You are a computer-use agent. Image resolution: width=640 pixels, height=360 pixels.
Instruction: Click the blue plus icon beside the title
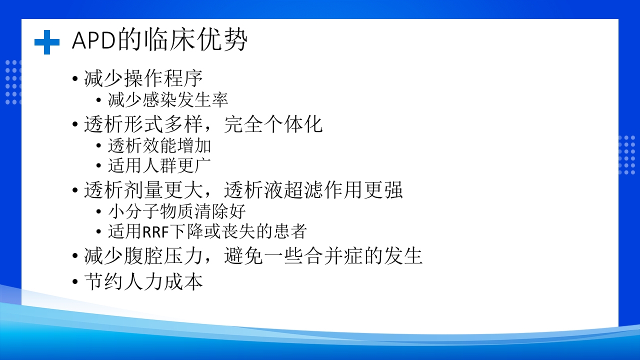click(x=47, y=42)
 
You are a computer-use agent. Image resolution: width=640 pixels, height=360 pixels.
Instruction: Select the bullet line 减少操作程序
click(x=143, y=79)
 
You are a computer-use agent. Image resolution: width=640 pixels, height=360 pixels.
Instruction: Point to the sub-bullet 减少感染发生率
click(x=168, y=100)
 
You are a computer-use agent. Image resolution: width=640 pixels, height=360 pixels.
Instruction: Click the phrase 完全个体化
click(x=273, y=124)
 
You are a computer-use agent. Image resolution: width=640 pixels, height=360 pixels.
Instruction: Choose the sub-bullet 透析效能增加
click(x=159, y=145)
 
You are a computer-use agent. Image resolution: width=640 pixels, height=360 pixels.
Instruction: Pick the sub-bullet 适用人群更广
click(x=159, y=165)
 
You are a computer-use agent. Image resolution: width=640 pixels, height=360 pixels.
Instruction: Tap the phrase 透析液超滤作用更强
click(x=313, y=190)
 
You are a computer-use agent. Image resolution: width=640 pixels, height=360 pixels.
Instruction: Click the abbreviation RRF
click(x=156, y=232)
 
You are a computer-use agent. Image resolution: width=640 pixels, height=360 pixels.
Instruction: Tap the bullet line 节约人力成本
click(x=143, y=281)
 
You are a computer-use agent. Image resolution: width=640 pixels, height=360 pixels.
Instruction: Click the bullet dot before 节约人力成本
click(x=75, y=282)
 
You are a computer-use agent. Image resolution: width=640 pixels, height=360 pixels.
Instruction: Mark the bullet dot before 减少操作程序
click(x=75, y=79)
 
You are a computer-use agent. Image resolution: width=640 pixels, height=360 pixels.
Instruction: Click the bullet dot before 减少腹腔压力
click(x=75, y=256)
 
